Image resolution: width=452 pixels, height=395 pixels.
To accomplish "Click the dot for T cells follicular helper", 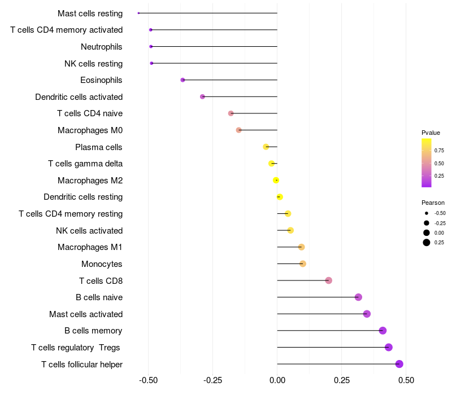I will click(399, 364).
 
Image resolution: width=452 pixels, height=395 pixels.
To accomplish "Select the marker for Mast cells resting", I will click(138, 13).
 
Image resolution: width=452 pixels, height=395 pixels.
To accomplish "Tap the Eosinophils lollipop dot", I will click(182, 80).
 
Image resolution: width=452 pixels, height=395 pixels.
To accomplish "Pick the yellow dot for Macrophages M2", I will click(276, 181).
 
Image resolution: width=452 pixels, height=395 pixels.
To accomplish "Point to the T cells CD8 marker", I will click(329, 280).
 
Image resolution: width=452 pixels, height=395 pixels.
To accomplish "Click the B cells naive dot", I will click(358, 297).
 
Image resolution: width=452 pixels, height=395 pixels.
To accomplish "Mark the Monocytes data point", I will click(303, 264).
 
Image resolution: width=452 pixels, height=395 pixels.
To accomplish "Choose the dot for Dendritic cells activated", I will click(202, 96).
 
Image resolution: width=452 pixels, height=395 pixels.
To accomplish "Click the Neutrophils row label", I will click(102, 47).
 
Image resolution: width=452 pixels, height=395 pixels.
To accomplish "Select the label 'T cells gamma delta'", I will click(85, 164).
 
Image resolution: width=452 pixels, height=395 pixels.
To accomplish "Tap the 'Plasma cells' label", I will click(99, 147).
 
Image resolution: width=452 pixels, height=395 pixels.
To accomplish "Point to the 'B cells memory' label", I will click(93, 331).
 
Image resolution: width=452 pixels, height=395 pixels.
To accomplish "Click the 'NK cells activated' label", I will click(89, 231).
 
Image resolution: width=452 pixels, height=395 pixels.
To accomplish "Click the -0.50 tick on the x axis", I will click(148, 380).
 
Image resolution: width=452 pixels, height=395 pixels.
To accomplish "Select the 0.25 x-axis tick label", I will click(342, 380).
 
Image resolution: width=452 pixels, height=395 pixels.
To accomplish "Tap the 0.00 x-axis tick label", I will click(277, 380).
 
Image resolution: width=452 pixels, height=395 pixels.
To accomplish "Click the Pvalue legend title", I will click(431, 133).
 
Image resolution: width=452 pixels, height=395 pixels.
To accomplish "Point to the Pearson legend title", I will click(433, 203).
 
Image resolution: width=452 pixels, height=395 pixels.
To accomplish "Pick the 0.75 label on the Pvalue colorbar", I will click(439, 151).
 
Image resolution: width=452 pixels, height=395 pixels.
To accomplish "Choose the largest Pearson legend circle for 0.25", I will click(427, 243).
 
